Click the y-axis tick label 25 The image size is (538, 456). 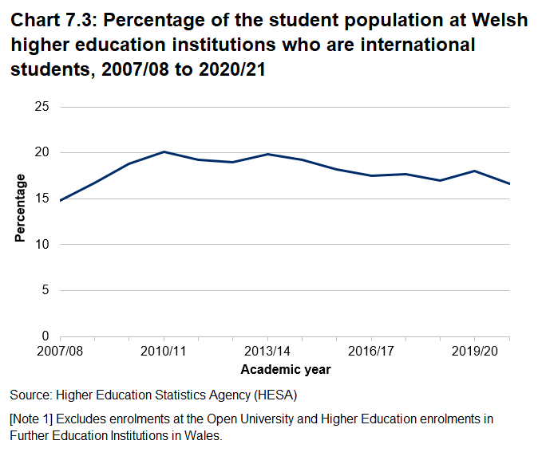(x=42, y=107)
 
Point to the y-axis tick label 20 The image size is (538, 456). (x=42, y=152)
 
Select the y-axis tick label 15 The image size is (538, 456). (x=42, y=199)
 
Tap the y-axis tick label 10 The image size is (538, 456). (x=42, y=244)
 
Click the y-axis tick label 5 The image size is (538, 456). (x=46, y=290)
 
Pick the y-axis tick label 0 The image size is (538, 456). (x=46, y=336)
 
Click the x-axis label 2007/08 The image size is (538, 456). (x=60, y=352)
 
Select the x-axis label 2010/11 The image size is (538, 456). (x=164, y=352)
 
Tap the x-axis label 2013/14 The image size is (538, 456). (x=267, y=352)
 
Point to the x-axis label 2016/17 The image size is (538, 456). (x=371, y=352)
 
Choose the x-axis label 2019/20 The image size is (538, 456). (x=475, y=352)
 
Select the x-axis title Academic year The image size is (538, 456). (x=285, y=369)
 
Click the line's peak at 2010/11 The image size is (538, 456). (x=164, y=151)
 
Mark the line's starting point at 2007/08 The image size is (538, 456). (x=61, y=200)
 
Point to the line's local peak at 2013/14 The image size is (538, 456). (x=267, y=154)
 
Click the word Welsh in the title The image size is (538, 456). (x=501, y=20)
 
